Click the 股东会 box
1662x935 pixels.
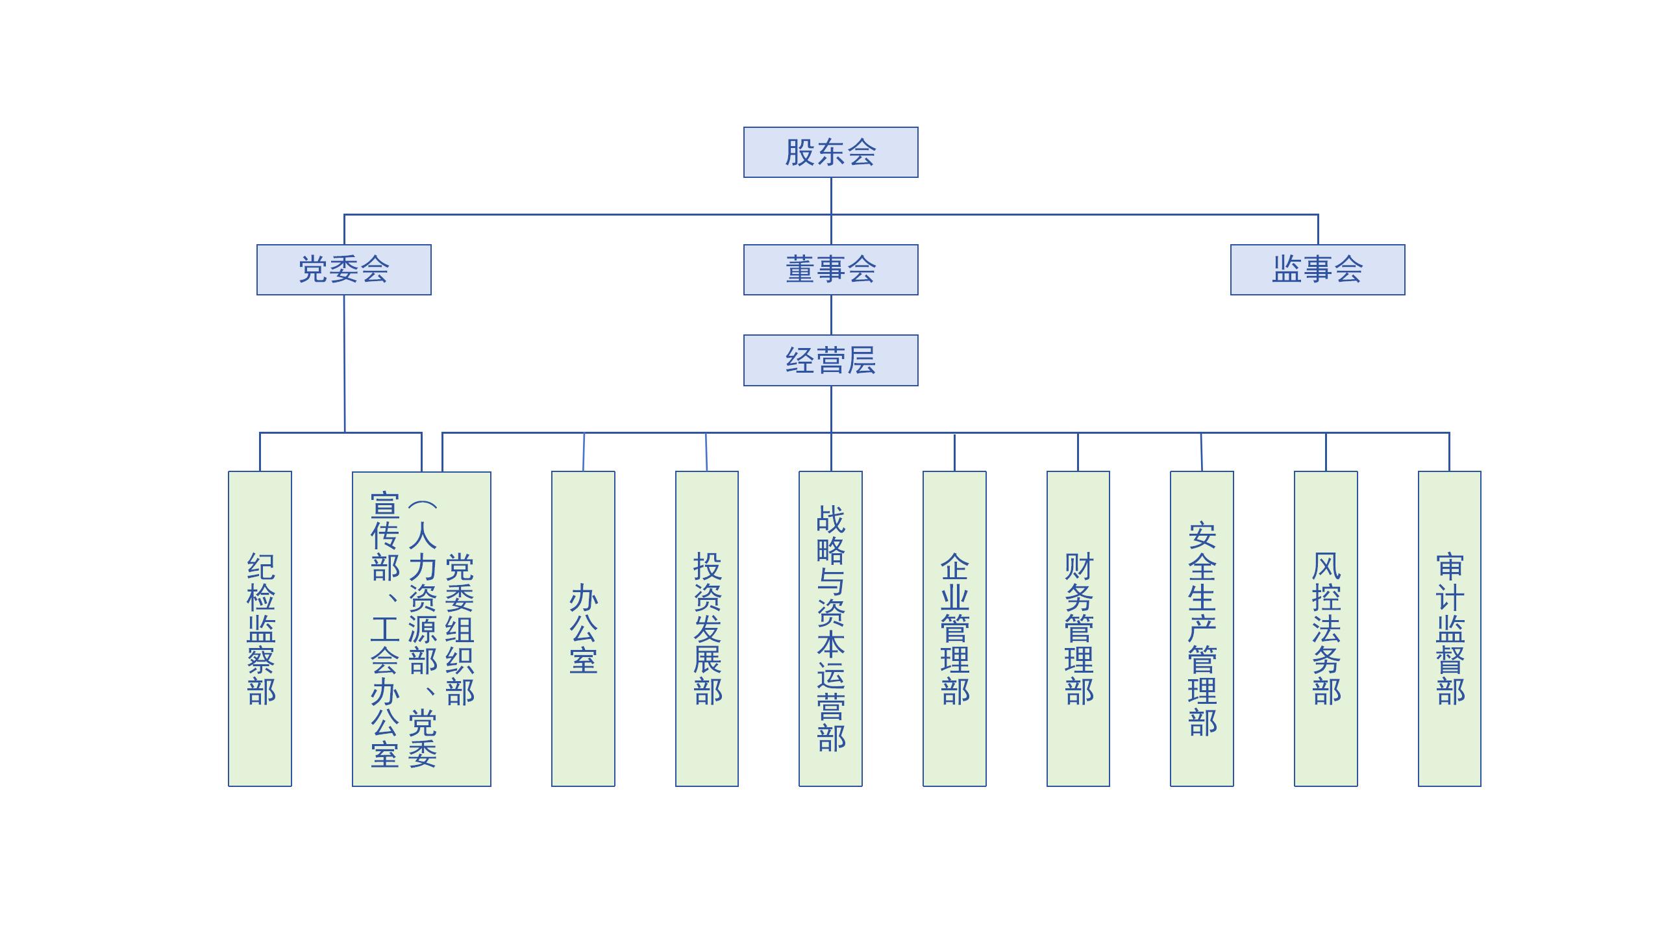pos(830,152)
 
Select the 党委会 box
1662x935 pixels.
pos(343,269)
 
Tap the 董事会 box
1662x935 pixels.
pos(830,269)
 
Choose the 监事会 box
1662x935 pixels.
pos(1317,269)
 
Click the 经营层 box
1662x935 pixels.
pos(830,360)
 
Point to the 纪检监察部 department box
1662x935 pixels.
pos(260,629)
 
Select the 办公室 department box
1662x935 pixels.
pos(583,629)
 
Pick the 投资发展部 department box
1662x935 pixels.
pos(706,629)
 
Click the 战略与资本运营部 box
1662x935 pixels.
pos(830,629)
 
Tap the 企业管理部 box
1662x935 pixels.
pos(954,629)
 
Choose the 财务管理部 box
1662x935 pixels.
pos(1078,629)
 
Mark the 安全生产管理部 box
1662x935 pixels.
pos(1202,629)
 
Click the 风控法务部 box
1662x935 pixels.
pos(1326,629)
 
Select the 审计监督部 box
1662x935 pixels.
pos(1449,629)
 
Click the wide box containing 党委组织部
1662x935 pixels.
pos(421,629)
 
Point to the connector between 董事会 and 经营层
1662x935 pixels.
pos(831,315)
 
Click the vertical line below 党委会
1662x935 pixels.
pos(344,364)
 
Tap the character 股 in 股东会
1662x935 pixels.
pos(800,153)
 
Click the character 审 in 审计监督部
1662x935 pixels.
pos(1450,567)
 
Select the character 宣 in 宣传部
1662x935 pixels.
pos(384,506)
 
